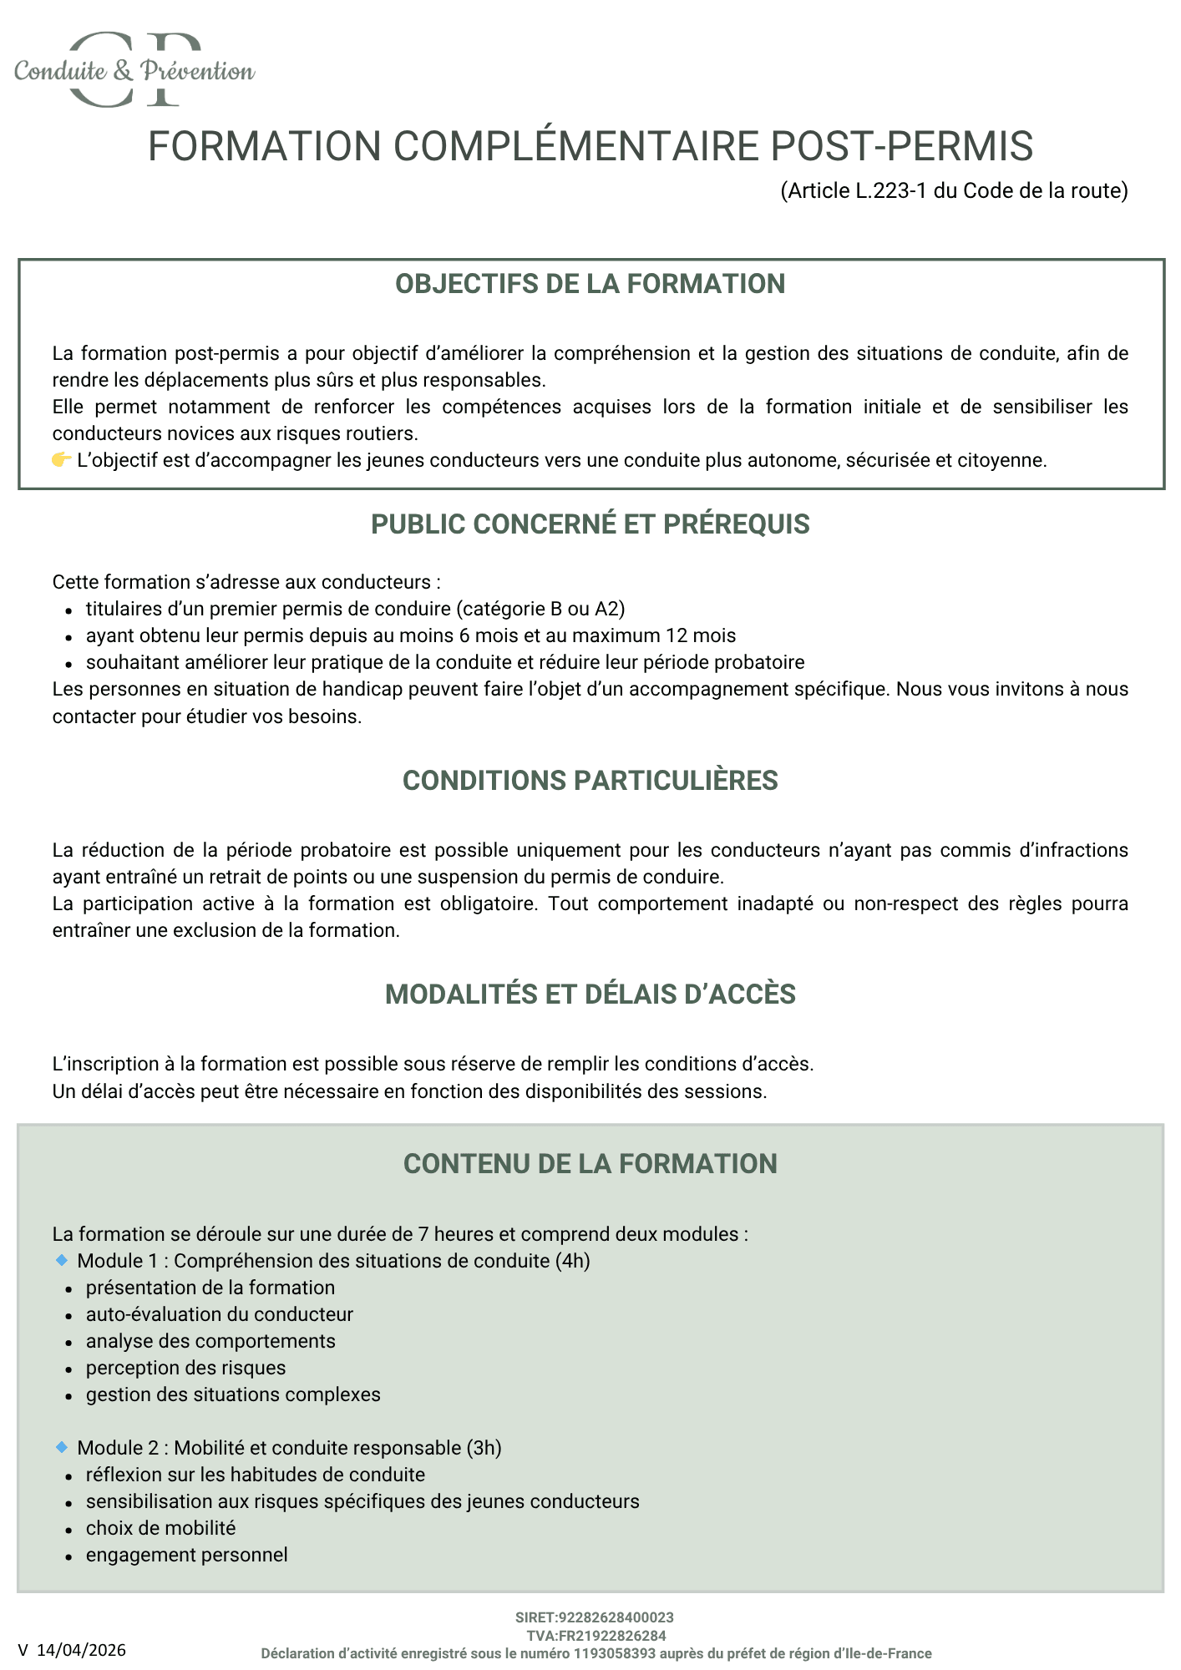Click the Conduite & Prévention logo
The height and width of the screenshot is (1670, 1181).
[134, 70]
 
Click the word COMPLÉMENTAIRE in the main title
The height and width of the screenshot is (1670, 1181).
[576, 146]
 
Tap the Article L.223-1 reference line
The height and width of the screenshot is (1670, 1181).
[954, 191]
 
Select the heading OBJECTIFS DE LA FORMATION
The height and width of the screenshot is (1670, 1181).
[590, 284]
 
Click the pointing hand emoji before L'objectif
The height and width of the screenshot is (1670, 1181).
[61, 460]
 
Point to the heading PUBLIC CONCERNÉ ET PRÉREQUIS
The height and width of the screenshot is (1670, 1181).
[590, 524]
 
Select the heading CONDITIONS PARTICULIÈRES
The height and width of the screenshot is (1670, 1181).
[590, 781]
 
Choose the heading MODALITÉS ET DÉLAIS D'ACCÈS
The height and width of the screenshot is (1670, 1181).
[590, 994]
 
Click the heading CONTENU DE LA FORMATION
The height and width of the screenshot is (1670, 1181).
[590, 1164]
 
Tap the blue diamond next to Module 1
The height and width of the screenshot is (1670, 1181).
[61, 1260]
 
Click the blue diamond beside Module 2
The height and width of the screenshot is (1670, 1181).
[61, 1447]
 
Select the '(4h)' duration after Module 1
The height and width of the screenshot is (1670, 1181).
[572, 1261]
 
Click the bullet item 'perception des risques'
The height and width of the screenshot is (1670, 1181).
[185, 1368]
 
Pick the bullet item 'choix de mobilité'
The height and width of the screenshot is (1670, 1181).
[160, 1528]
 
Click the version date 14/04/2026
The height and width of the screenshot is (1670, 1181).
[81, 1650]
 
